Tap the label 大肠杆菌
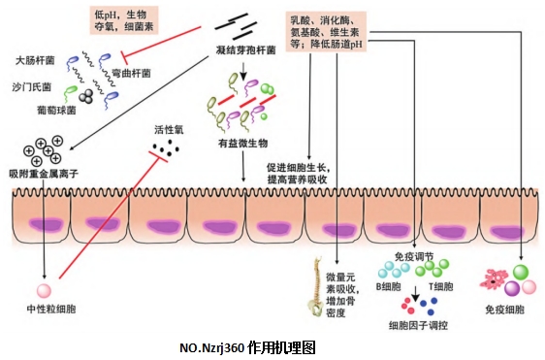pos(36,60)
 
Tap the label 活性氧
pos(169,128)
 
